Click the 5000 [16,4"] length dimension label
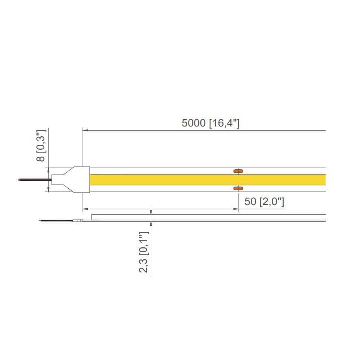click(x=210, y=123)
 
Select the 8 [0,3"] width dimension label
click(x=41, y=146)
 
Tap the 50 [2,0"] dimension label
click(x=264, y=202)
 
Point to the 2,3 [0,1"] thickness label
click(x=144, y=252)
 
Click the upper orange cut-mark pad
click(x=238, y=171)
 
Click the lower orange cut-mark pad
click(x=238, y=188)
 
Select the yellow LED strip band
click(x=208, y=179)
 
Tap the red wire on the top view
click(x=35, y=179)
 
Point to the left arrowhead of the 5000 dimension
click(x=85, y=130)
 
